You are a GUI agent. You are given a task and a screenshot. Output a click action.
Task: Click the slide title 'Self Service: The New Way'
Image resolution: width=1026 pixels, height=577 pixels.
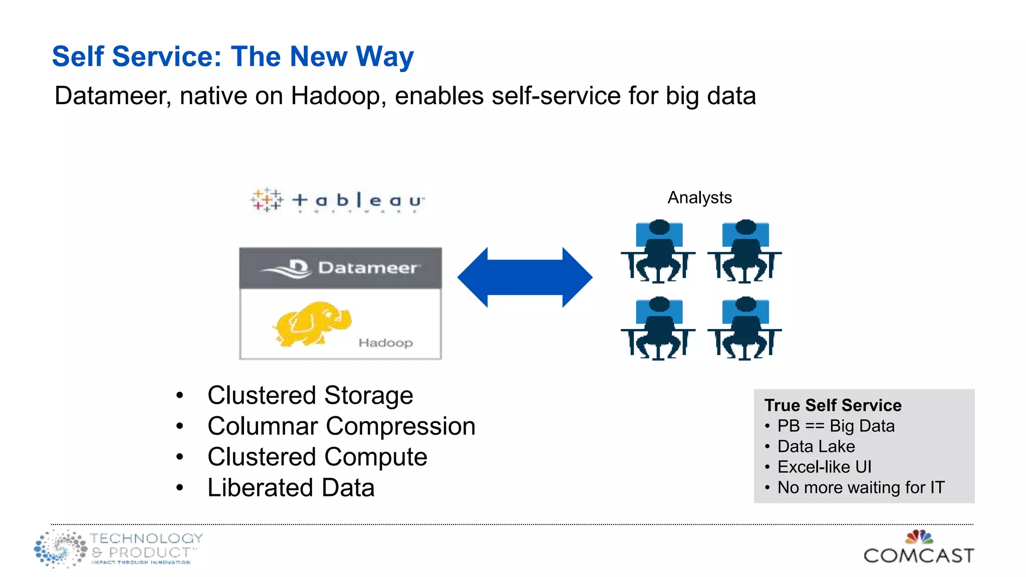click(233, 56)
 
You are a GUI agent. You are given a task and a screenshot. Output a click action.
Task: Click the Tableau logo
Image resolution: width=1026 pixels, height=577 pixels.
click(338, 200)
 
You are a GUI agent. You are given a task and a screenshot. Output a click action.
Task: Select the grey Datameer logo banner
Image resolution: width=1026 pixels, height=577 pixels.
click(340, 268)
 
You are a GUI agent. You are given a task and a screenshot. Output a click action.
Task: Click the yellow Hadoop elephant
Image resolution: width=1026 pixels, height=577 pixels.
click(312, 324)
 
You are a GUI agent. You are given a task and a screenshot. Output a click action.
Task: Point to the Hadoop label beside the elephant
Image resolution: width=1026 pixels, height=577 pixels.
click(385, 343)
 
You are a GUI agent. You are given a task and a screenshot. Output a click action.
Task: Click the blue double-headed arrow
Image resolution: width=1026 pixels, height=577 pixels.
click(525, 277)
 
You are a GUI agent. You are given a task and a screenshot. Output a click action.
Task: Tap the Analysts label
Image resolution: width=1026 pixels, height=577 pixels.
click(699, 198)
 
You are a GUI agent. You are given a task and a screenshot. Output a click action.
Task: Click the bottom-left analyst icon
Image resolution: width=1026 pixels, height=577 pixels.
click(658, 328)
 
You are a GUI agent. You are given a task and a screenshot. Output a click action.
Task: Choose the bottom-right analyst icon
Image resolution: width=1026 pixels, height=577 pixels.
click(745, 328)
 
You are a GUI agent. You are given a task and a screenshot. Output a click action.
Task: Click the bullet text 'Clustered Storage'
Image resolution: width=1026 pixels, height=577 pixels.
click(310, 395)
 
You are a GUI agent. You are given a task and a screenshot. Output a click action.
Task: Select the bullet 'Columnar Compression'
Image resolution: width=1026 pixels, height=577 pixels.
click(341, 426)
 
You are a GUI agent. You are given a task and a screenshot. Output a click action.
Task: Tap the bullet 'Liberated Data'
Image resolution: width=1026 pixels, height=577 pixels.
click(291, 488)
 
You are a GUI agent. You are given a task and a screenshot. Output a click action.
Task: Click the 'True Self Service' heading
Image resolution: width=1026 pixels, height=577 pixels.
click(833, 405)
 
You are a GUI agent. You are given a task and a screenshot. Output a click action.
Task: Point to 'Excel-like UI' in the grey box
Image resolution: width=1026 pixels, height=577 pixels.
click(824, 467)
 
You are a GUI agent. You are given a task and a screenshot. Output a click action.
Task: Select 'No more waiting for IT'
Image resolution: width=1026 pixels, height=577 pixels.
click(861, 487)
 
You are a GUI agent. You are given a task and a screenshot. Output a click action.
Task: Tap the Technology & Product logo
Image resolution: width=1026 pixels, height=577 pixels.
click(119, 548)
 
